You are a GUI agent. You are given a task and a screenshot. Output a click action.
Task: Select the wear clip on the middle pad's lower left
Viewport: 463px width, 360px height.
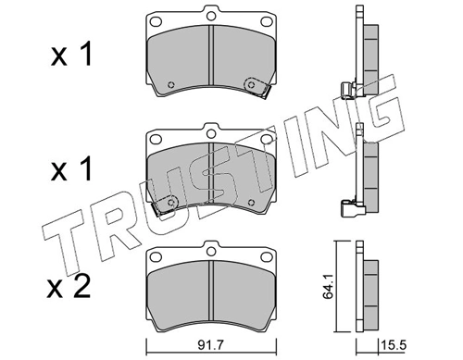tap(169, 204)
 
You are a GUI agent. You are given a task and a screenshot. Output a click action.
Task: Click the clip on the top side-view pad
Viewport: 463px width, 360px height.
tap(348, 90)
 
